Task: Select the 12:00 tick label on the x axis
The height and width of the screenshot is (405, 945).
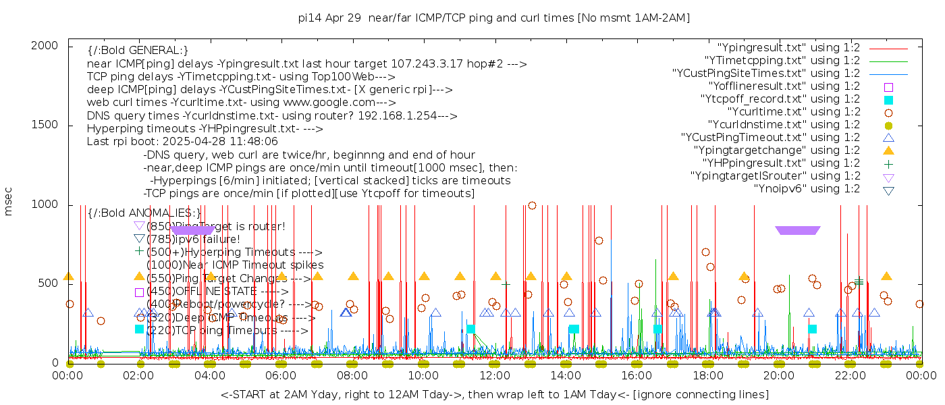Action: pyautogui.click(x=495, y=375)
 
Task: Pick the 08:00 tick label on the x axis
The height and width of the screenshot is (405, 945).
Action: pyautogui.click(x=353, y=375)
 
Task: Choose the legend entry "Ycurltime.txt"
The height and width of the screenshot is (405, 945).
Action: pyautogui.click(x=793, y=112)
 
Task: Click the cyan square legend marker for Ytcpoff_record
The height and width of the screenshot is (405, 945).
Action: pyautogui.click(x=888, y=100)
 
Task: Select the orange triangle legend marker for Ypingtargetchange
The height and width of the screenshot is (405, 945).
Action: pyautogui.click(x=888, y=151)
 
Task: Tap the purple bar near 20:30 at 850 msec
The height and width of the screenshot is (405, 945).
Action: pyautogui.click(x=798, y=230)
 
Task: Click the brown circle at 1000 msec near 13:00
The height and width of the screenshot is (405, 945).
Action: pyautogui.click(x=532, y=205)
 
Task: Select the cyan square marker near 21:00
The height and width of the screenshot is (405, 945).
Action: pyautogui.click(x=812, y=329)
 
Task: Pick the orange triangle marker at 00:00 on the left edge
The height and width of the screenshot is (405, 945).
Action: pyautogui.click(x=68, y=276)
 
